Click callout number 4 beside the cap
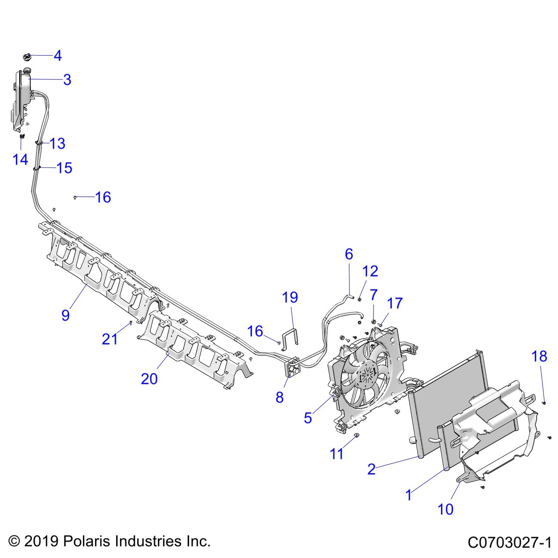(x=58, y=56)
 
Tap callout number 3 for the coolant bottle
(x=67, y=80)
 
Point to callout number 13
(x=58, y=144)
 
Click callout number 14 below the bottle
(x=20, y=160)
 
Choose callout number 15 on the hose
(x=64, y=168)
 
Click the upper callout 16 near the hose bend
(x=103, y=197)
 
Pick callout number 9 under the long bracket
(x=66, y=315)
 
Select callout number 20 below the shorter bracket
(x=149, y=379)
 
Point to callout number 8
(x=279, y=397)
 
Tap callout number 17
(x=395, y=303)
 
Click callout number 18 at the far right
(x=539, y=356)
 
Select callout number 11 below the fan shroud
(x=337, y=454)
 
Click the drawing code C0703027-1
(x=509, y=543)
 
